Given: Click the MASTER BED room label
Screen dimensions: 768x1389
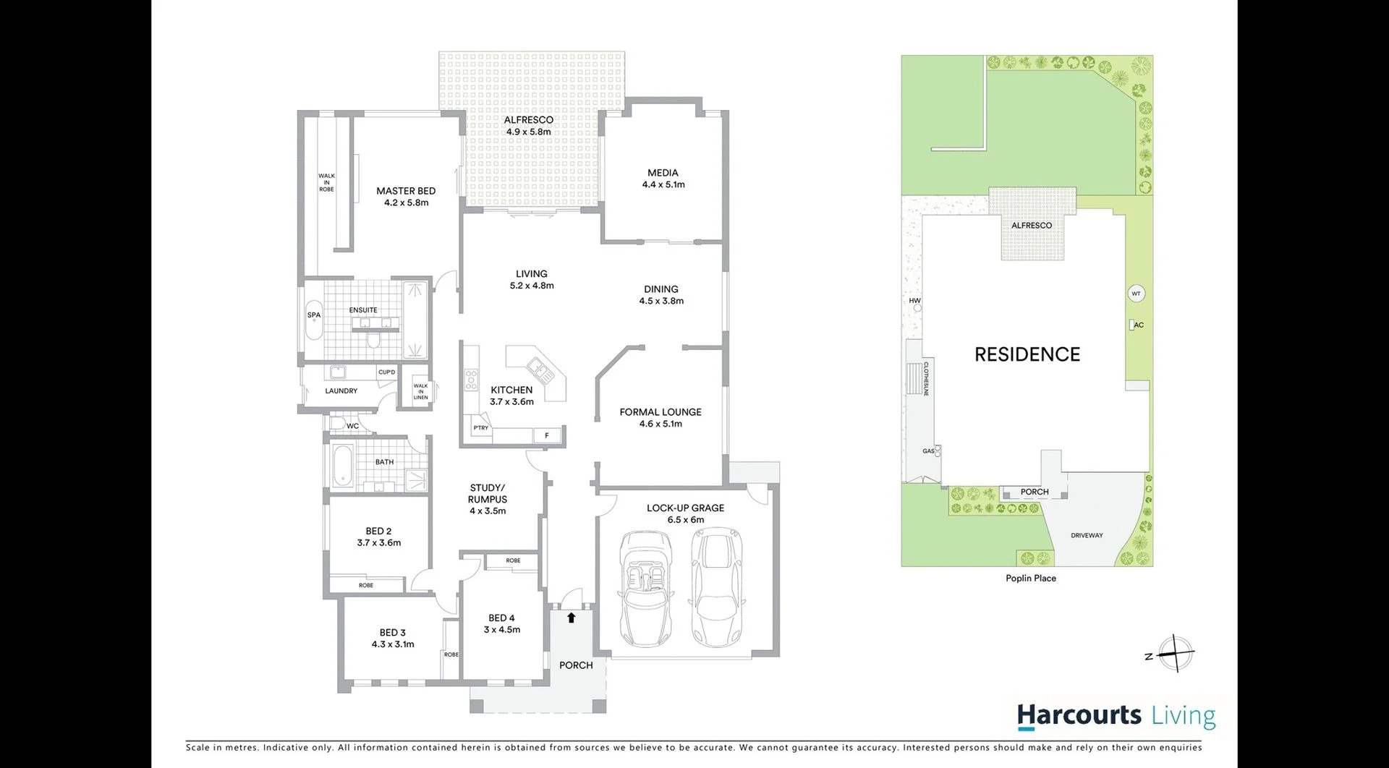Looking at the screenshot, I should click(406, 191).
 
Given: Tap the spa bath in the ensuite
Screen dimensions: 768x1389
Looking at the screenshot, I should click(314, 320).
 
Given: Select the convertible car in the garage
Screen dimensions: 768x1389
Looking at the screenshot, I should click(645, 589).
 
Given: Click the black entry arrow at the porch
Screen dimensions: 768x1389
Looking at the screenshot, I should click(572, 618).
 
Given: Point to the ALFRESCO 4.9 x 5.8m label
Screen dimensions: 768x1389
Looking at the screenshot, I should click(529, 126).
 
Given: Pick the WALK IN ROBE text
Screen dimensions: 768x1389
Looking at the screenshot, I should click(326, 182).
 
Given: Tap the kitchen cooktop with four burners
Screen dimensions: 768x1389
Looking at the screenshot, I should click(471, 380).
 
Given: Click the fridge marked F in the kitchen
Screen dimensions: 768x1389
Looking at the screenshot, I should click(547, 435).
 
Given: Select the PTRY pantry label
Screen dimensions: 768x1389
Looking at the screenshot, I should click(480, 428).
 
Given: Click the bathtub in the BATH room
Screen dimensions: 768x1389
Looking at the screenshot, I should click(341, 466).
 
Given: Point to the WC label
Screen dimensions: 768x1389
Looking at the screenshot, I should click(352, 426).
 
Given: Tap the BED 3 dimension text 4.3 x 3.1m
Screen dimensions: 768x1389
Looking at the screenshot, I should click(393, 644).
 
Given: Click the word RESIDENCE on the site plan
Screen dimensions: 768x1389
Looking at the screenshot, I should click(1027, 354).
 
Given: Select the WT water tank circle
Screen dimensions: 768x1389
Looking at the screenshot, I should click(1136, 294).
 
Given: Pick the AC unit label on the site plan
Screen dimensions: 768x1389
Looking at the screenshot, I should click(1138, 325).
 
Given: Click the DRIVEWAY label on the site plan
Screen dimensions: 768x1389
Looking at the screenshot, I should click(1087, 536).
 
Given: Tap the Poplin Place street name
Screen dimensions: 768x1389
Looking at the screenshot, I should click(1031, 579).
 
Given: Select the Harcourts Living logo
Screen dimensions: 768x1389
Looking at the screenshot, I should click(1116, 716).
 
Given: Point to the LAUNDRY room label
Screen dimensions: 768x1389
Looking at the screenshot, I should click(341, 391).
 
